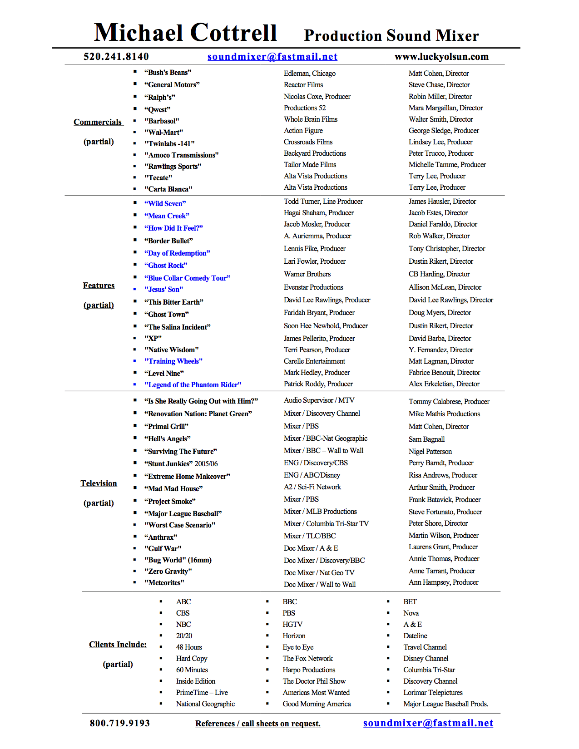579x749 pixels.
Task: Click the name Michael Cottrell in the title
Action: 185,33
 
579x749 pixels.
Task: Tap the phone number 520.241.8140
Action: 116,57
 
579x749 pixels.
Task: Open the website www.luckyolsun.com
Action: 441,57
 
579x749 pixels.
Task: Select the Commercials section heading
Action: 98,122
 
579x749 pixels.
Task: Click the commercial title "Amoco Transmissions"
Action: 182,155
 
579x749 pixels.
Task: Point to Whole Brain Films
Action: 311,119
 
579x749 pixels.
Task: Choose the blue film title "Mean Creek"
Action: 167,216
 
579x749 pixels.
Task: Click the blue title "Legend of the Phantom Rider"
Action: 193,384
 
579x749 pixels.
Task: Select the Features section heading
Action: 99,286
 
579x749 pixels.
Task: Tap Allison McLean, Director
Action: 445,287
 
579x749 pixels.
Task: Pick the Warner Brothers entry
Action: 307,274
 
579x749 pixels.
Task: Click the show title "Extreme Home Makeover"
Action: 187,476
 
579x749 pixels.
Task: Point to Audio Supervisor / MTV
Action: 319,400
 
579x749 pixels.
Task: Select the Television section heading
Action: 99,483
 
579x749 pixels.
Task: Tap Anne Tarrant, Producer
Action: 441,571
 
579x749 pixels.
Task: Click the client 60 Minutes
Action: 192,670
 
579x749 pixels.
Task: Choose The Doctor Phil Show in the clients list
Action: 314,681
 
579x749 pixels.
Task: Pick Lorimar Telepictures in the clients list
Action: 433,692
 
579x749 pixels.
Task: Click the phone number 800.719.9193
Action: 120,723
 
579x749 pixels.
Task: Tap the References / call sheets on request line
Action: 258,724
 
